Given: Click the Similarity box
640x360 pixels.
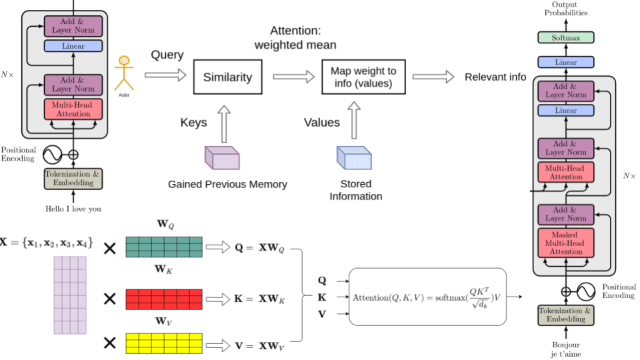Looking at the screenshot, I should pyautogui.click(x=228, y=77).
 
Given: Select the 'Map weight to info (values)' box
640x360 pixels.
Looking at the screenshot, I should pyautogui.click(x=363, y=77).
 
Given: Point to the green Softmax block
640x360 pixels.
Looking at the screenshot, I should pyautogui.click(x=566, y=37).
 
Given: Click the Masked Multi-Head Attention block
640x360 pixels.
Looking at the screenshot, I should pyautogui.click(x=566, y=243).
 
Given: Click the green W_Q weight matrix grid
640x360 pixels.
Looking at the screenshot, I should pyautogui.click(x=163, y=247).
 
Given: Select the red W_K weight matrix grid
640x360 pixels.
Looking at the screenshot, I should pyautogui.click(x=163, y=298).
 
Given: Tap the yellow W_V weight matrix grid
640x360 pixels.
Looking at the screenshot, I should pyautogui.click(x=163, y=343).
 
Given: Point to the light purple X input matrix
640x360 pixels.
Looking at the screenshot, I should pyautogui.click(x=70, y=295).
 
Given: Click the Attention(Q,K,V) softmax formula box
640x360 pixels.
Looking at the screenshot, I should pyautogui.click(x=427, y=297).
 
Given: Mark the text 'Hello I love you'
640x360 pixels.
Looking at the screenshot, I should pyautogui.click(x=73, y=209).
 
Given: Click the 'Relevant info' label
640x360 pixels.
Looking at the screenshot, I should pyautogui.click(x=495, y=77).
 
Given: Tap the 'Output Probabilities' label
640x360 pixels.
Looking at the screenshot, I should pyautogui.click(x=565, y=9).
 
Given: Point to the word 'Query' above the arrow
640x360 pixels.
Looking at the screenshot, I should pyautogui.click(x=167, y=55).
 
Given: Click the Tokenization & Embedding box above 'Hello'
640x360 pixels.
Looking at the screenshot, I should pyautogui.click(x=73, y=179).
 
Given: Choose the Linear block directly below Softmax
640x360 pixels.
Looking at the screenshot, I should pyautogui.click(x=566, y=62).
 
